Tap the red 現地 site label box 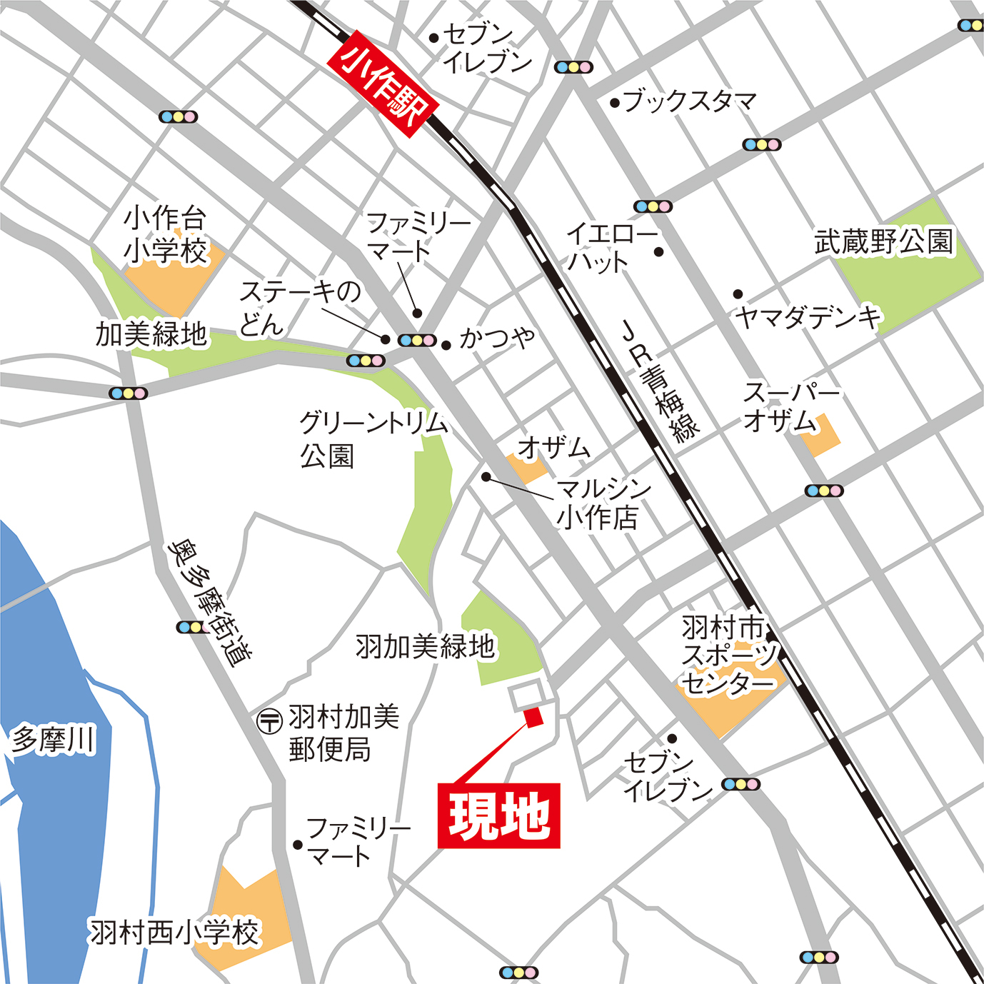click(x=498, y=815)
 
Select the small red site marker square click(x=533, y=716)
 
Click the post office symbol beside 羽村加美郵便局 click(x=270, y=721)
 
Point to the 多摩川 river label click(x=53, y=740)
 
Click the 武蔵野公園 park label click(x=884, y=241)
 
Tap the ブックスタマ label click(x=690, y=101)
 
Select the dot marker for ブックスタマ click(x=615, y=103)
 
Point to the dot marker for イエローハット click(x=659, y=251)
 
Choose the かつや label click(x=498, y=337)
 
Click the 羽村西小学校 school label click(x=174, y=933)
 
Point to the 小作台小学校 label click(x=166, y=235)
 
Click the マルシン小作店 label click(x=602, y=503)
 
